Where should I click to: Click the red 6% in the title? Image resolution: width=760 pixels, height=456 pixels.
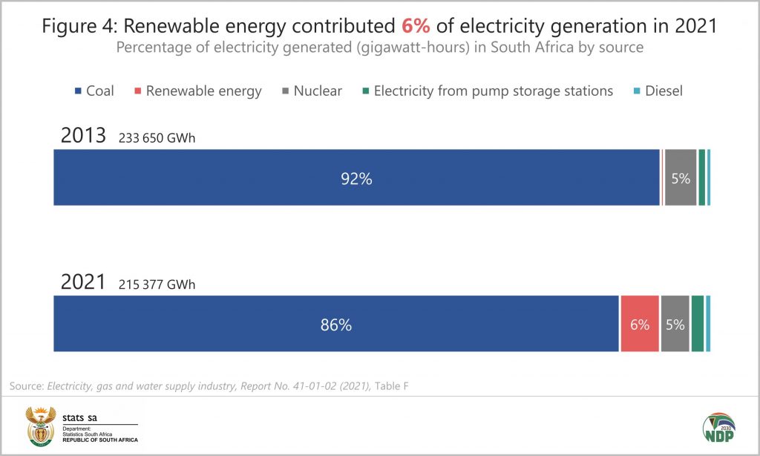click(x=416, y=25)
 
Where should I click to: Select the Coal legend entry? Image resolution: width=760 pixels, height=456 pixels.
click(x=94, y=91)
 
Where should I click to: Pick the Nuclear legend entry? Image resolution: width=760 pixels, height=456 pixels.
click(x=311, y=91)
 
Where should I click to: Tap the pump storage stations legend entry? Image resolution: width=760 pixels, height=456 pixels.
click(x=487, y=91)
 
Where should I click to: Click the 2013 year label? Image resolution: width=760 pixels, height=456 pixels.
click(x=82, y=137)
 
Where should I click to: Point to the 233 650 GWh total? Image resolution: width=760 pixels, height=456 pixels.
click(x=157, y=139)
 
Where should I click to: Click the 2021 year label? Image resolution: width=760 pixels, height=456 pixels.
click(x=82, y=282)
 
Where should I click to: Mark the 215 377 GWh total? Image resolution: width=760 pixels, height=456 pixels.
click(x=157, y=284)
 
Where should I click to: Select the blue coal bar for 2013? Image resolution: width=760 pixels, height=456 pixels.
click(x=356, y=177)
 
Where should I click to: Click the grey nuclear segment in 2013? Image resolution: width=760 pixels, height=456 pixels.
click(x=681, y=177)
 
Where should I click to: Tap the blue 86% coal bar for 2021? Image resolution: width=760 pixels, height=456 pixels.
click(x=335, y=324)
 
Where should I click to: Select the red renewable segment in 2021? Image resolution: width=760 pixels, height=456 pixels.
click(x=639, y=324)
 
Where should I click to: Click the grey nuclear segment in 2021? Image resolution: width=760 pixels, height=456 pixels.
click(x=675, y=324)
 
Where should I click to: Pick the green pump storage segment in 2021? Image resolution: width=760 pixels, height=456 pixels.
click(x=698, y=324)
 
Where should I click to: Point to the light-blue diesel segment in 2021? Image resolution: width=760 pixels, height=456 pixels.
click(x=708, y=324)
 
